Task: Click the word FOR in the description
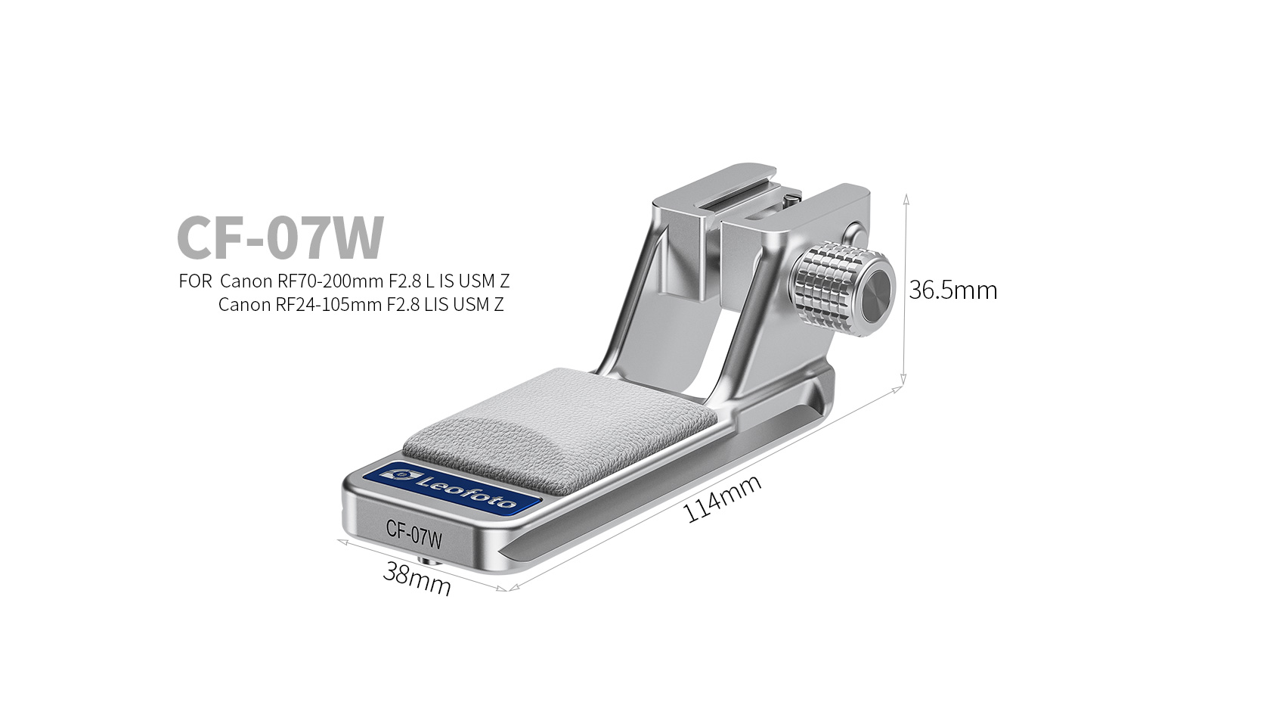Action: (x=195, y=281)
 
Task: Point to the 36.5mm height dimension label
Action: (x=952, y=290)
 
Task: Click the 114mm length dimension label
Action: (x=722, y=498)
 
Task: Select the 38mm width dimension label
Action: (x=417, y=578)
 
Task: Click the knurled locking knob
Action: (x=843, y=287)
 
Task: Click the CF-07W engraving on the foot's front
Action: (x=414, y=533)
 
